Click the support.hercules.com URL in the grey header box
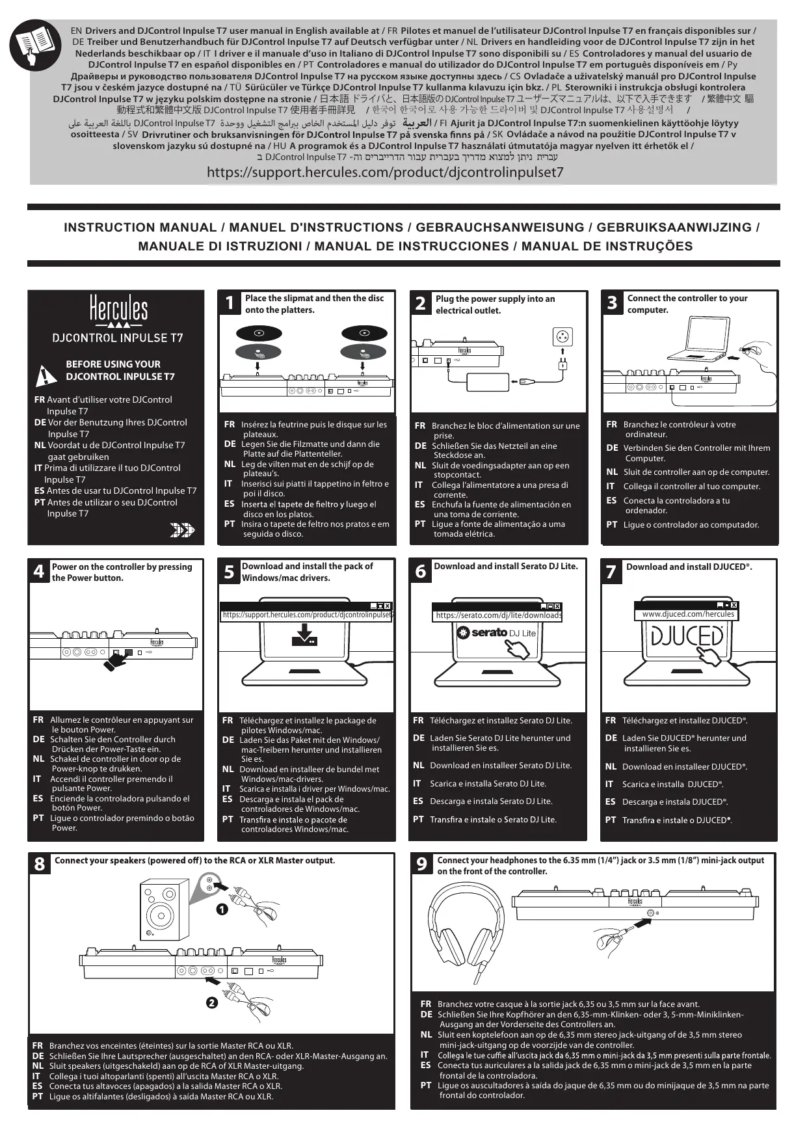pyautogui.click(x=385, y=172)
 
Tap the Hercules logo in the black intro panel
pyautogui.click(x=118, y=310)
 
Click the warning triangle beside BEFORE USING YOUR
pyautogui.click(x=47, y=375)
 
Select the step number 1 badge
pyautogui.click(x=229, y=303)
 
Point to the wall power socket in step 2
pyautogui.click(x=562, y=337)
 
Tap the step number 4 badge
pyautogui.click(x=39, y=571)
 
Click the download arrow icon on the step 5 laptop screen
pyautogui.click(x=304, y=634)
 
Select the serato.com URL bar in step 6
pyautogui.click(x=499, y=615)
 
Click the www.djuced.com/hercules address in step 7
pyautogui.click(x=688, y=614)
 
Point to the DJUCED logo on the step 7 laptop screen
pyautogui.click(x=688, y=636)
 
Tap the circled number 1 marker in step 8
pyautogui.click(x=222, y=910)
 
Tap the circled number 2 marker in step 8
pyautogui.click(x=211, y=1002)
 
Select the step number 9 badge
pyautogui.click(x=422, y=864)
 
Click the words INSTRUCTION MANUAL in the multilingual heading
pyautogui.click(x=140, y=228)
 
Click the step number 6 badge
pyautogui.click(x=421, y=571)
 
